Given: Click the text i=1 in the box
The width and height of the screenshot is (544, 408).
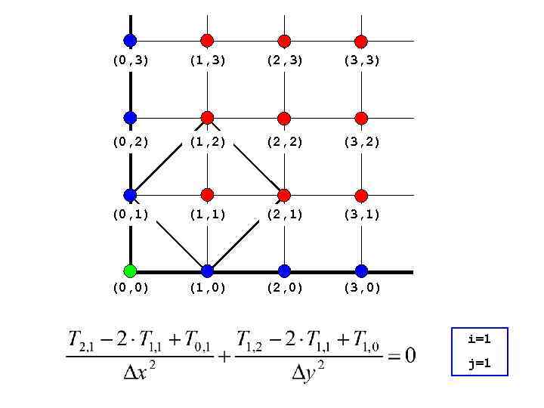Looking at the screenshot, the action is pyautogui.click(x=479, y=340).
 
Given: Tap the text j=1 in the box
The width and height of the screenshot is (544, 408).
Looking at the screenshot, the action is pyautogui.click(x=479, y=363).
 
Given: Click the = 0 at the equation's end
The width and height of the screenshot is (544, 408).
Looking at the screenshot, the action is pyautogui.click(x=401, y=355).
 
